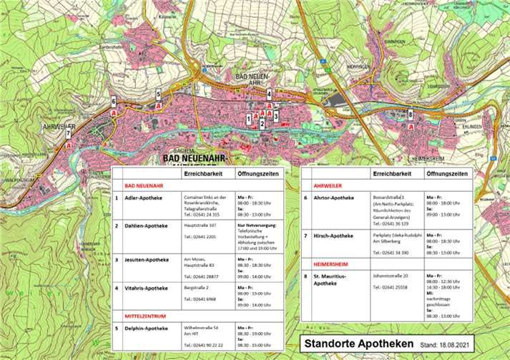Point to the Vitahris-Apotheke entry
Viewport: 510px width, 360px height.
[x=146, y=288]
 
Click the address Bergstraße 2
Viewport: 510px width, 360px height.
[x=198, y=287]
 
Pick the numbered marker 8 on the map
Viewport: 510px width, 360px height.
[x=410, y=114]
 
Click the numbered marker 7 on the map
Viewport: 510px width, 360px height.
[x=68, y=133]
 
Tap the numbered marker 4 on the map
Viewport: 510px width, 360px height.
[x=269, y=93]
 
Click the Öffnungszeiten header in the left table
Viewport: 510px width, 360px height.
[x=257, y=173]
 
